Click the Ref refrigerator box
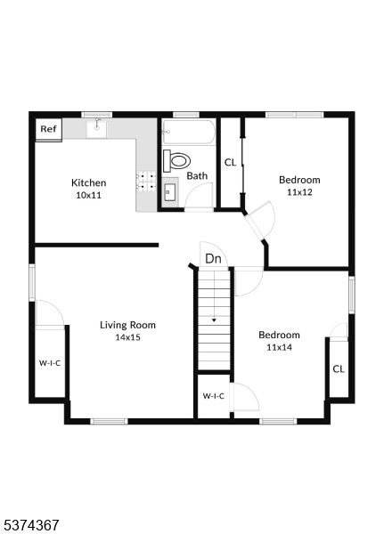[x=49, y=129]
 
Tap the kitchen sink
[x=96, y=128]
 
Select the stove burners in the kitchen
[x=146, y=181]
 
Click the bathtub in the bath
[x=189, y=132]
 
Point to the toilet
[x=176, y=160]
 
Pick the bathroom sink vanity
[x=170, y=192]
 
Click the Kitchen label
[x=89, y=182]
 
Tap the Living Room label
[x=127, y=325]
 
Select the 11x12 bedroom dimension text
[x=299, y=192]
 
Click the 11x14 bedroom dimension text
[x=279, y=347]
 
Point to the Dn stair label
[x=213, y=259]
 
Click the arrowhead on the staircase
[x=214, y=320]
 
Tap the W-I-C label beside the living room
[x=50, y=363]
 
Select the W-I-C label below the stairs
[x=214, y=396]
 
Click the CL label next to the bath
[x=230, y=163]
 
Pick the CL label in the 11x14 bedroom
[x=339, y=368]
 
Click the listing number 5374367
[x=29, y=524]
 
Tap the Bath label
[x=197, y=175]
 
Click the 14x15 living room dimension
[x=127, y=337]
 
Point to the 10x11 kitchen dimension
[x=89, y=196]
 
